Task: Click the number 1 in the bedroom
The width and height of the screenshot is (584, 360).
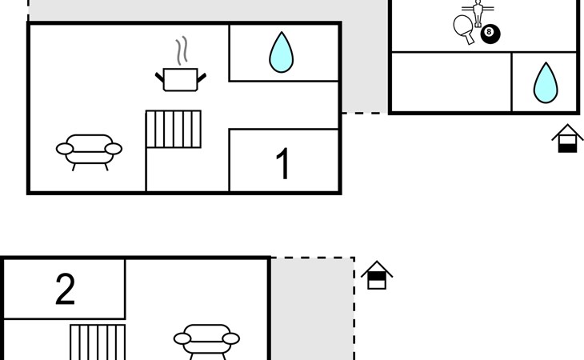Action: pos(282,163)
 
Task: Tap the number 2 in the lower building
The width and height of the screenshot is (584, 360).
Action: pos(65,289)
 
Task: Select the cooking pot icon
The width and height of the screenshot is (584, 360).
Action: pos(180,78)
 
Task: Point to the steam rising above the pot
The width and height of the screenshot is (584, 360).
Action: pos(183,50)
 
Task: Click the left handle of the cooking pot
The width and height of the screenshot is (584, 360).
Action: pos(159,75)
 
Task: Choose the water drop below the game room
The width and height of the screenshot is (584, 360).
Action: pos(545,82)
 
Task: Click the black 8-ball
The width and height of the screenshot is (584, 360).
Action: pos(490,34)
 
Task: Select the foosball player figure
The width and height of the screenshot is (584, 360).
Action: pos(478,11)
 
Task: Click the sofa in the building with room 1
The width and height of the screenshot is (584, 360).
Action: pos(89,150)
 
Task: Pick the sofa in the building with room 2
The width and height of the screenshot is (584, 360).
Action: pos(206,339)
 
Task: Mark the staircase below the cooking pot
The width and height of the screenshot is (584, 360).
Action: pos(174,130)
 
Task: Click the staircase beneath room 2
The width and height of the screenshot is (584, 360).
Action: pos(98,342)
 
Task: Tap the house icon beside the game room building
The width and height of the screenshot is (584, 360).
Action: pos(567,139)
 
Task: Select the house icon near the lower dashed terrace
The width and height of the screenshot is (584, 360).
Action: pos(376,276)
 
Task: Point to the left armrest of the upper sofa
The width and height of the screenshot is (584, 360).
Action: pos(64,148)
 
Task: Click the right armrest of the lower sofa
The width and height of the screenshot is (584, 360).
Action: pos(231,338)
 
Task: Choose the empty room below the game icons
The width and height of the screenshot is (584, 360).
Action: pos(450,82)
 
